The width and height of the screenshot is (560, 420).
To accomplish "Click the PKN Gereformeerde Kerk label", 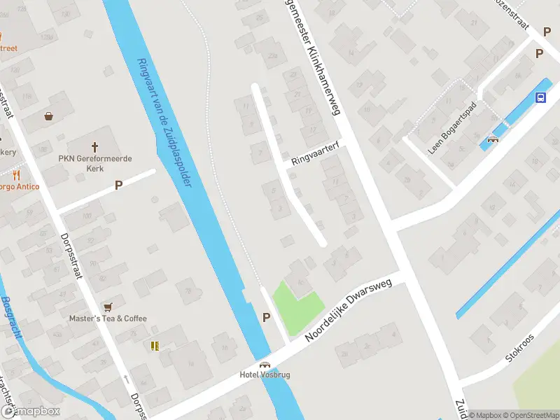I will click(94, 163).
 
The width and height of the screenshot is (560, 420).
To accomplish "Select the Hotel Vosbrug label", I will click(265, 374).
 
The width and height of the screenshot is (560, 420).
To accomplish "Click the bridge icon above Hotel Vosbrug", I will click(265, 364).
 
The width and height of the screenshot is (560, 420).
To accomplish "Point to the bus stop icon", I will click(541, 97).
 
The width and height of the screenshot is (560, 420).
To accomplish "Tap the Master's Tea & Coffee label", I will click(108, 318).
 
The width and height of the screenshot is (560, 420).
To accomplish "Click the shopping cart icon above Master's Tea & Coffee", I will click(108, 307).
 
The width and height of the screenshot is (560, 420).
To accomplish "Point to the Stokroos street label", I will click(519, 349).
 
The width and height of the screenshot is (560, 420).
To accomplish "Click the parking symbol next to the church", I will click(118, 185).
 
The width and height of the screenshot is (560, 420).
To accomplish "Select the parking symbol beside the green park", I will click(266, 317).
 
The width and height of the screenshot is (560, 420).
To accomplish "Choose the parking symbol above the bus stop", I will click(539, 53).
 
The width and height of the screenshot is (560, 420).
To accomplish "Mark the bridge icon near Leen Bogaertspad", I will click(493, 139).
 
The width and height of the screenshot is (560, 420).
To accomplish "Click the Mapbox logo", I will click(30, 412).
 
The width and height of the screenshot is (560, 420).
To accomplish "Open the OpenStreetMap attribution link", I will click(530, 415).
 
